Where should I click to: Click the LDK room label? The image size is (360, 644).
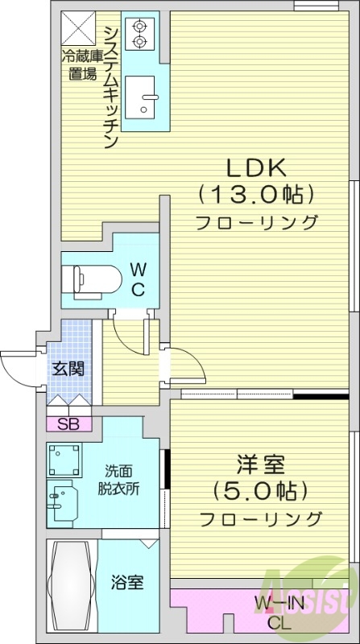click(255, 167)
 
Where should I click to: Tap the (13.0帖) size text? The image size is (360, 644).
click(255, 194)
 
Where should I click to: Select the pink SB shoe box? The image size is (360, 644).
click(68, 423)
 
